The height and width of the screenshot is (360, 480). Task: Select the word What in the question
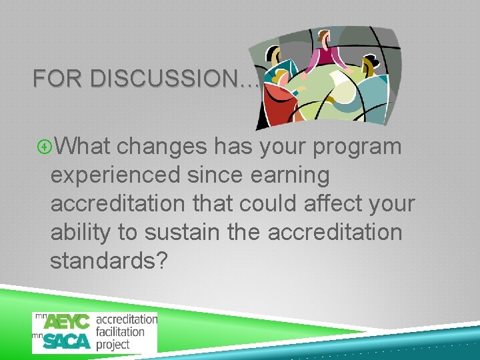pyautogui.click(x=85, y=146)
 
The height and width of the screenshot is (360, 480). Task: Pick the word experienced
pyautogui.click(x=115, y=176)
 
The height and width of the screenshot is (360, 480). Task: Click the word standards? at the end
pyautogui.click(x=108, y=261)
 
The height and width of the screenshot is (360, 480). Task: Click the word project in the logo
pyautogui.click(x=113, y=345)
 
